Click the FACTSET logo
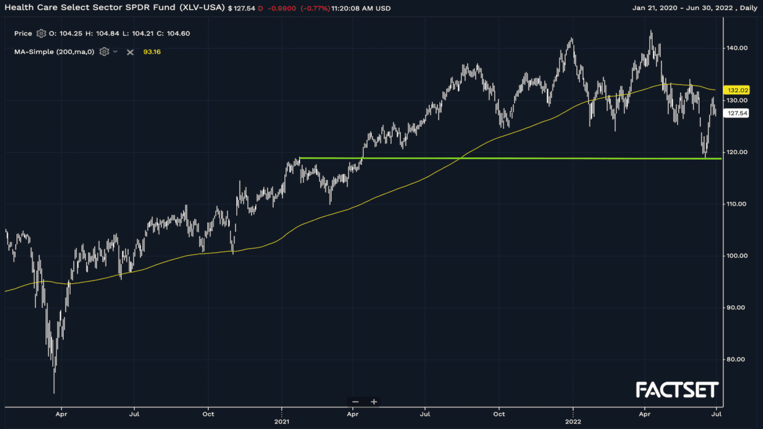coord(677,390)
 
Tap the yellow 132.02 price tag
coord(734,90)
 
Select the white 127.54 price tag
coord(734,113)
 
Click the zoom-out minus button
coord(355,402)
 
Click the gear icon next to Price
coord(41,33)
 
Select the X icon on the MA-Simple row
coord(130,52)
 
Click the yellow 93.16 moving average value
coord(152,52)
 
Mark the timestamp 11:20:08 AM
coord(351,9)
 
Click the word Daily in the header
coord(746,8)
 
